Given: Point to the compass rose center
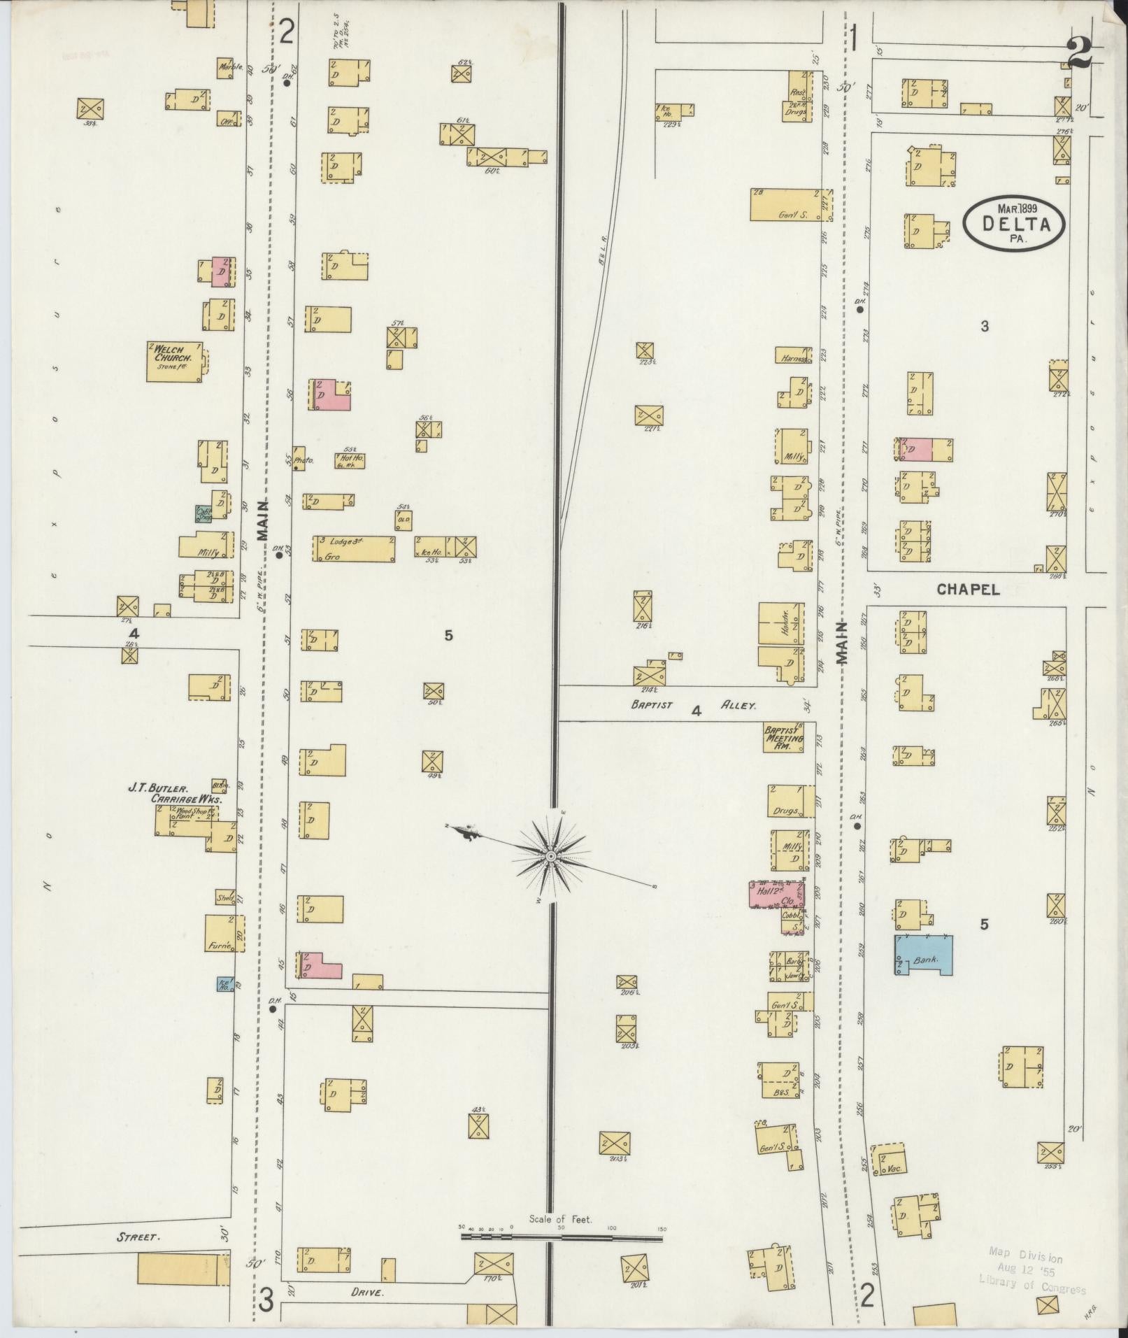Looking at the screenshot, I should pyautogui.click(x=551, y=856).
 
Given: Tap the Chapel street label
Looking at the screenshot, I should pyautogui.click(x=969, y=590).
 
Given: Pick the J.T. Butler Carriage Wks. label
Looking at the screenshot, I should pyautogui.click(x=175, y=792).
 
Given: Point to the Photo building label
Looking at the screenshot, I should pyautogui.click(x=302, y=460).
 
